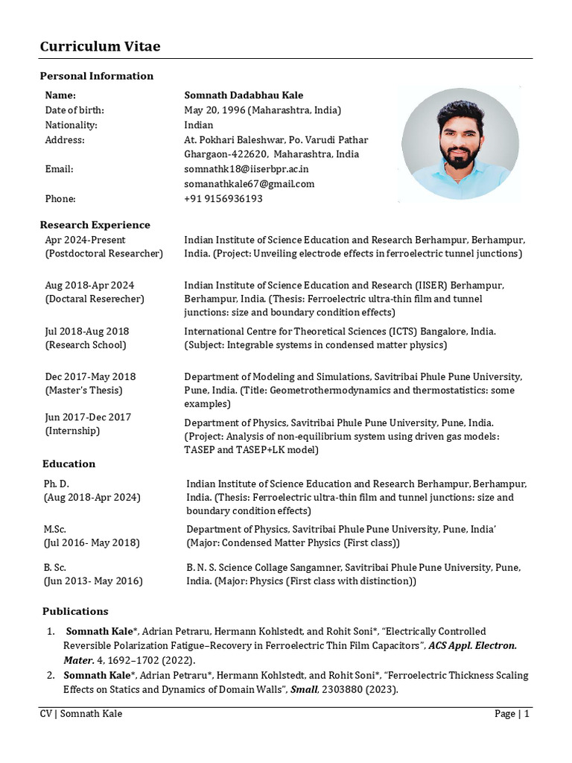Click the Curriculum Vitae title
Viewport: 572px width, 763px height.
coord(100,47)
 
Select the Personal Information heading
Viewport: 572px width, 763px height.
coord(96,76)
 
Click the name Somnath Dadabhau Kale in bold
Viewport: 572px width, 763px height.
coord(244,95)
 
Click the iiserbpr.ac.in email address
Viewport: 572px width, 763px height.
coord(246,169)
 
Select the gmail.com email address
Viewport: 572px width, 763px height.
coord(249,183)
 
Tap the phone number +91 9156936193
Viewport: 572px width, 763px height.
coord(223,199)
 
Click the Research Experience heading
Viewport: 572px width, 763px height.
coord(95,225)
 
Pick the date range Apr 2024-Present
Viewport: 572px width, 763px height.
coord(85,240)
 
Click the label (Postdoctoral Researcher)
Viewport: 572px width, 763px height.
coord(104,253)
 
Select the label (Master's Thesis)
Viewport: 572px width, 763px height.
coord(83,390)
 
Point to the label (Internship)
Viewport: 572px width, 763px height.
coord(72,431)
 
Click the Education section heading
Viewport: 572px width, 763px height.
coord(69,463)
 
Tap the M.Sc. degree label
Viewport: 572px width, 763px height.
coord(55,529)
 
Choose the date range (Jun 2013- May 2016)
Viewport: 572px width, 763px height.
coord(93,580)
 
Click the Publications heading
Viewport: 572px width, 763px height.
coord(75,611)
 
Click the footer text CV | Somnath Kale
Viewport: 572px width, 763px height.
coord(81,714)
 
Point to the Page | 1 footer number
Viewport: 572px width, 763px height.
coord(511,714)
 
